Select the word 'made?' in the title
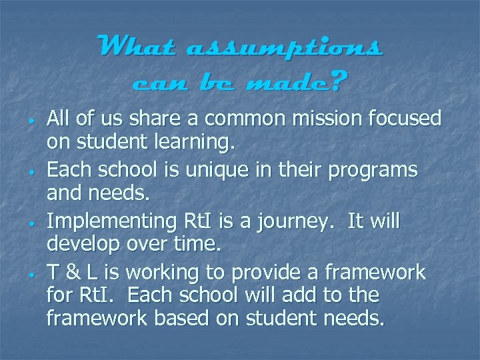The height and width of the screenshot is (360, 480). point(307,83)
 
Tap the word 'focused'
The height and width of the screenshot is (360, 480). point(406,119)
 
